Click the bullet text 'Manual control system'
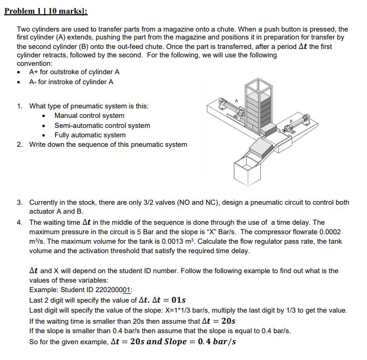(x=89, y=116)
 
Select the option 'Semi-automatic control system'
(x=102, y=125)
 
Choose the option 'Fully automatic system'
(x=90, y=135)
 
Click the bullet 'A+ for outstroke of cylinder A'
(x=74, y=72)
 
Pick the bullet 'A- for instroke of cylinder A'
(x=71, y=82)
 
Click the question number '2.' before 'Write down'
(x=19, y=145)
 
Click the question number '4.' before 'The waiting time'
(x=19, y=223)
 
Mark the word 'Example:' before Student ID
(x=43, y=290)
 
